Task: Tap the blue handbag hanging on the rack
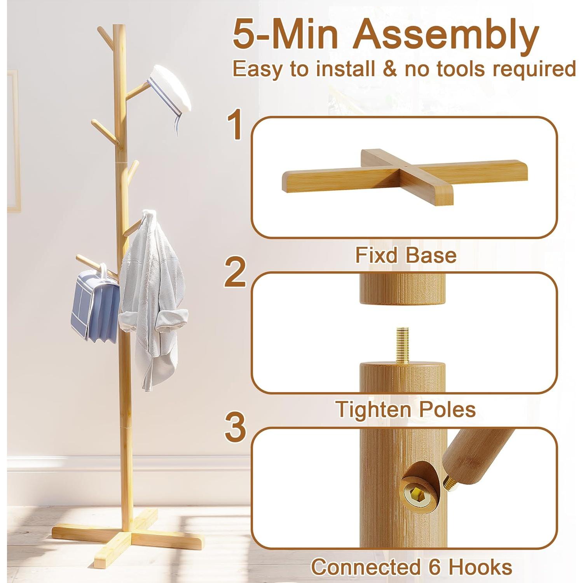point(95,307)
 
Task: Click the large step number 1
point(236,125)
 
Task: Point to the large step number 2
point(236,273)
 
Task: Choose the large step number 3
point(236,428)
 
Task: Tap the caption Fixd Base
point(405,256)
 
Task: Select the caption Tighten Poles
point(405,410)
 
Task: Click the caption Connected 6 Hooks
point(411,567)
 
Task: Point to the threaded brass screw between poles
point(403,345)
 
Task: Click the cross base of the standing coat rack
point(128,532)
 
